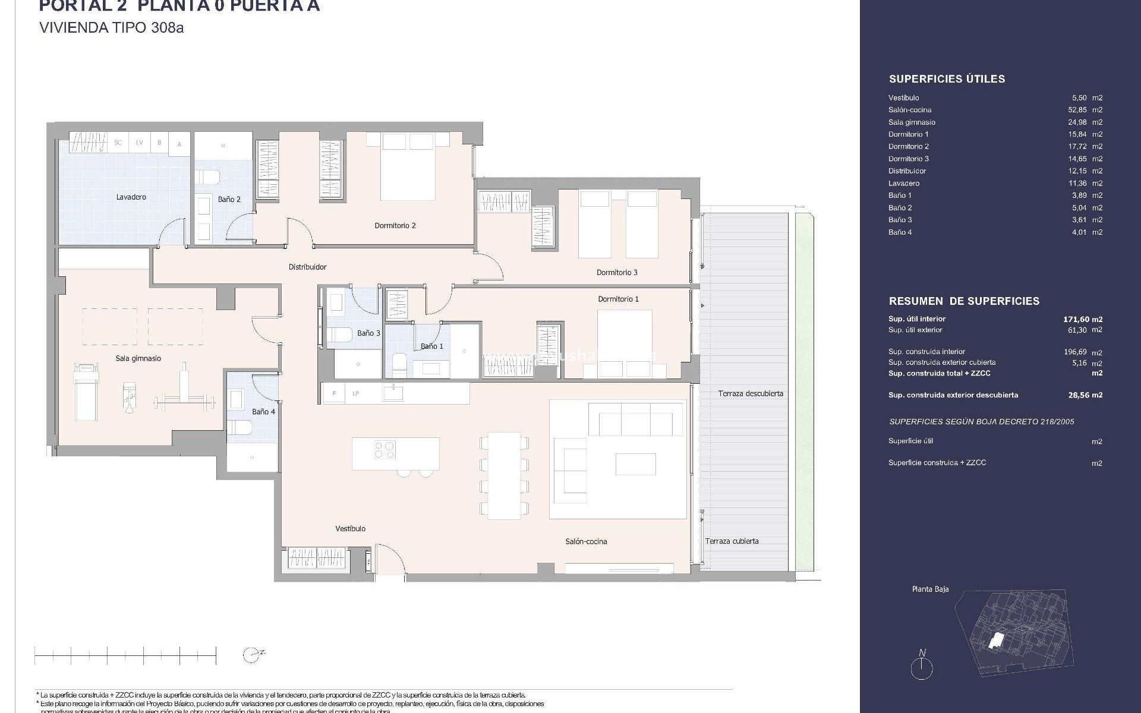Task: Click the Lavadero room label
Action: pos(131,197)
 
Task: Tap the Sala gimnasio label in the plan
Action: pos(138,358)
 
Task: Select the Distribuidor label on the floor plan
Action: pos(307,267)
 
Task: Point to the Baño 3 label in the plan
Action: pos(368,333)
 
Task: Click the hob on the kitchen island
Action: pos(384,449)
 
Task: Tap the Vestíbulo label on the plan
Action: pos(350,528)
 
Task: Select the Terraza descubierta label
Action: pos(750,393)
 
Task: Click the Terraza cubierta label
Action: pos(732,541)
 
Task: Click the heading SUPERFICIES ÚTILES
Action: pos(947,79)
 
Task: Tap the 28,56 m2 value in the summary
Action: pos(1085,395)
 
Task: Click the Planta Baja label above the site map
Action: pos(930,589)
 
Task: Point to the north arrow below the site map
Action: pos(922,665)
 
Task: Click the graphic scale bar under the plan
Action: pos(125,656)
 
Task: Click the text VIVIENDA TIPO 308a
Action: pos(111,28)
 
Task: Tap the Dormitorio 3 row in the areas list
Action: pos(908,159)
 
